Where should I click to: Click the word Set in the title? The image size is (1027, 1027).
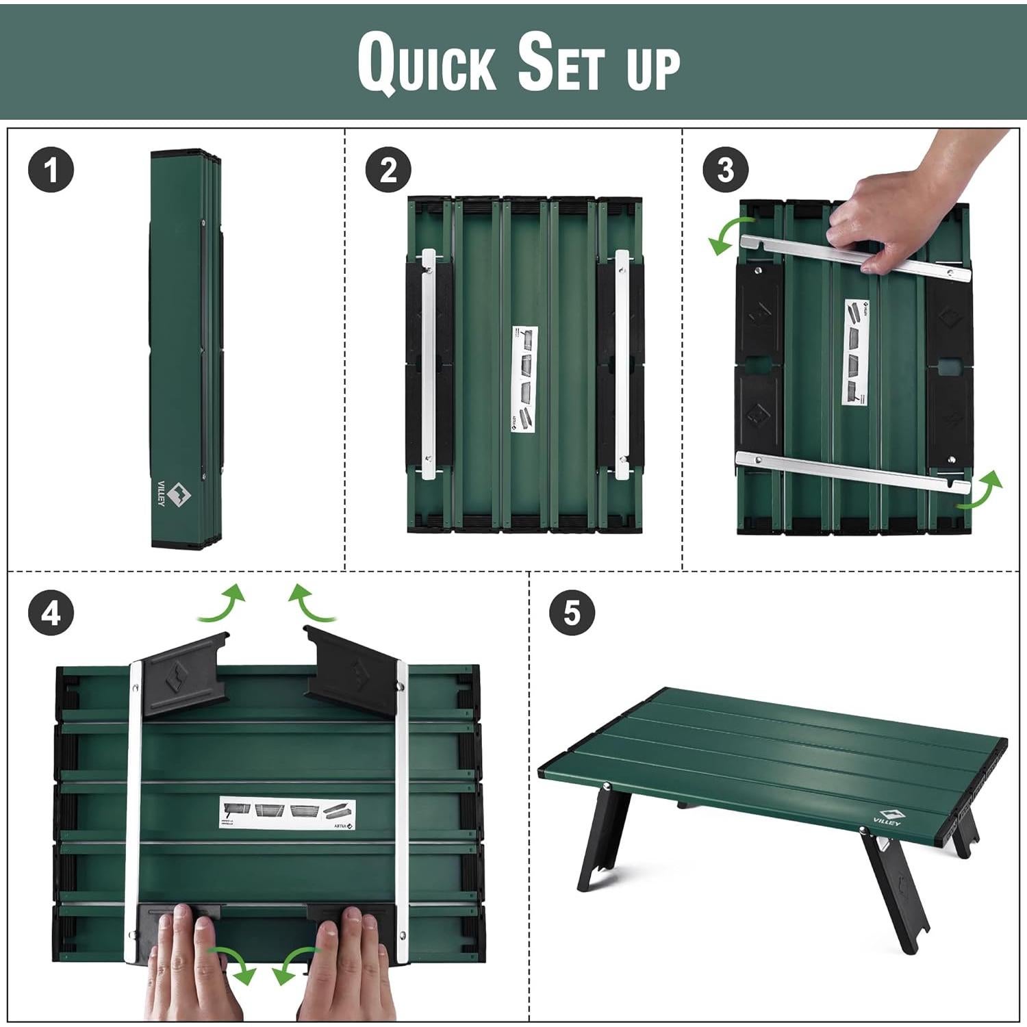point(561,63)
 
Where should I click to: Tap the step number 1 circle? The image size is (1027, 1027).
point(51,170)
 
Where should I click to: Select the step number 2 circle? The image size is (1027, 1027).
point(388,170)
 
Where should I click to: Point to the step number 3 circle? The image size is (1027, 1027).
point(726,170)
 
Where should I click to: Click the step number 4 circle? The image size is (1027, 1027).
point(51,613)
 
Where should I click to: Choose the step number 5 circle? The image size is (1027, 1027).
point(572,613)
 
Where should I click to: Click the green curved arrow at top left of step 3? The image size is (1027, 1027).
point(730,236)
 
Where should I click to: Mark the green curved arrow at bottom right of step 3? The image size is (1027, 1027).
point(980,490)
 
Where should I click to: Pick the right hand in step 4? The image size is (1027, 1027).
point(346,965)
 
